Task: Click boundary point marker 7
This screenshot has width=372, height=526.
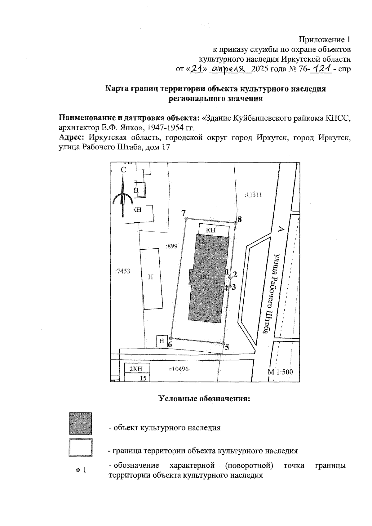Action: tap(186, 219)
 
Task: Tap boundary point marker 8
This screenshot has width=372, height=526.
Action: tap(235, 222)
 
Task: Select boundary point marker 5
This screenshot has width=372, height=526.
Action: tap(223, 343)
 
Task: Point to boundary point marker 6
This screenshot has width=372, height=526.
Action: tap(171, 338)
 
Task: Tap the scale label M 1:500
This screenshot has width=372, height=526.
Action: tap(280, 372)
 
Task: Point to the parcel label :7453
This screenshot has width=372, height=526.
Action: tap(122, 271)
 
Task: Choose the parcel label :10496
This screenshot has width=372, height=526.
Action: tap(179, 369)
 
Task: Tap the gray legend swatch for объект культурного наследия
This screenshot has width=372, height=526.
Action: tap(81, 424)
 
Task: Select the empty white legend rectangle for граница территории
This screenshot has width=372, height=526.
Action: tap(81, 447)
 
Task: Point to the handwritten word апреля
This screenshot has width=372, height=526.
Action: tap(230, 69)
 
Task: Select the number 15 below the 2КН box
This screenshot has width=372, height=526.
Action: tap(143, 378)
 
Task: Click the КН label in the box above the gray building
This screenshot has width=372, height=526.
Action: tap(210, 230)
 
